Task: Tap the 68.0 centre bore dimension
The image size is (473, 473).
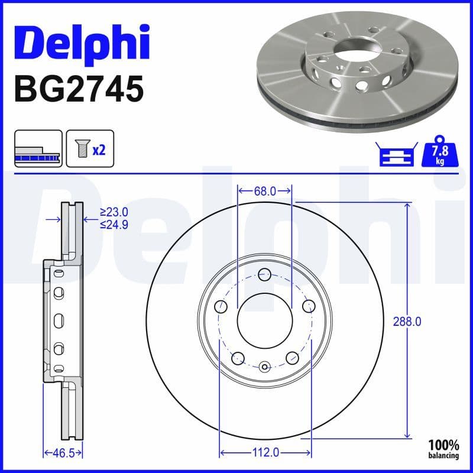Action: [264, 191]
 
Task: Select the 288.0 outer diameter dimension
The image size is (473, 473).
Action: [407, 322]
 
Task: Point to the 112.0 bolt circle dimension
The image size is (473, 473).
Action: [265, 452]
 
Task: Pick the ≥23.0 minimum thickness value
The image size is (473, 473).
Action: [114, 212]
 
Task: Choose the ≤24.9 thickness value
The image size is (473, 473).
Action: [114, 224]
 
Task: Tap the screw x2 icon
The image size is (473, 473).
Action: [90, 150]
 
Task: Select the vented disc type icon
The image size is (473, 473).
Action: [38, 150]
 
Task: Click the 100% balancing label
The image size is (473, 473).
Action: [444, 449]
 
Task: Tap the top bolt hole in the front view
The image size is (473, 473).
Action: [264, 274]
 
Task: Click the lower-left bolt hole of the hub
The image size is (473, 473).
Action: [238, 358]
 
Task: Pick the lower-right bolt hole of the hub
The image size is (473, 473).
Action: [291, 358]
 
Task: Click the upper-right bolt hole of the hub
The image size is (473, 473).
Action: [308, 306]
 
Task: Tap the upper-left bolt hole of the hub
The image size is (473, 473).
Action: [221, 306]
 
